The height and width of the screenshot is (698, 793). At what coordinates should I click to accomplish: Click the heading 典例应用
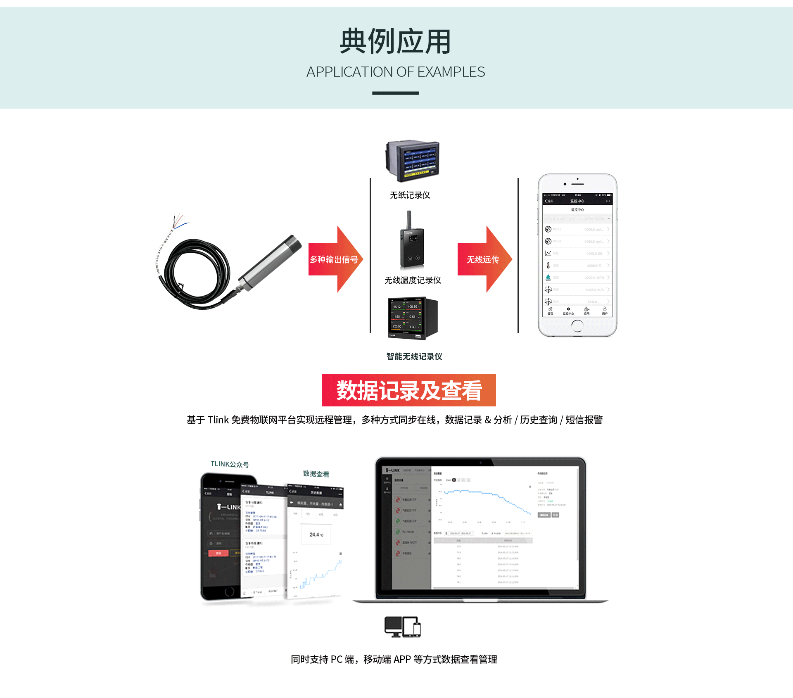point(395,41)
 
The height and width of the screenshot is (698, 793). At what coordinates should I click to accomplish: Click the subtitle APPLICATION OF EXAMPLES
point(395,72)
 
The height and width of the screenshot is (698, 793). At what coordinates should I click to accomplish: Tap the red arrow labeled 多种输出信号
point(335,259)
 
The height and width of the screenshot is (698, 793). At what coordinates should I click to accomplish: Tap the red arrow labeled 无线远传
point(483,259)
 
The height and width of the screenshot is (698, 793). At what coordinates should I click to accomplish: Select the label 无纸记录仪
point(410,195)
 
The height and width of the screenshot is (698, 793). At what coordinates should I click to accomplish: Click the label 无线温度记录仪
point(413,280)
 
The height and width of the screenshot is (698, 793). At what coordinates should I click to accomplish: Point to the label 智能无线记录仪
point(414,356)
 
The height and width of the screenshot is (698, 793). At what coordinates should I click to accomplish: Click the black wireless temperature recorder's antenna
point(409,219)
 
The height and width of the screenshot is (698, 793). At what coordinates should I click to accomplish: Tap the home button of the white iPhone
point(577,326)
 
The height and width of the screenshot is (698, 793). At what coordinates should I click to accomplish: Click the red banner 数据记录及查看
point(408,390)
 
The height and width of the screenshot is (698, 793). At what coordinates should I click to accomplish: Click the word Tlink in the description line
point(218,420)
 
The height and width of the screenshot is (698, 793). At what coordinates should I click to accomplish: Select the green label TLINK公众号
point(230,464)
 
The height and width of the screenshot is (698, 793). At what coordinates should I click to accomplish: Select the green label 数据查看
point(316,474)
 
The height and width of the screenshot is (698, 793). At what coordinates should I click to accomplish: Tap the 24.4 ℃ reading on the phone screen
point(316,534)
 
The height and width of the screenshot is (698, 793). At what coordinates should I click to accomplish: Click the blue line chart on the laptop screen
point(487,500)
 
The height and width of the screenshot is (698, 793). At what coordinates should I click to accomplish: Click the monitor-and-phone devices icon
point(402,627)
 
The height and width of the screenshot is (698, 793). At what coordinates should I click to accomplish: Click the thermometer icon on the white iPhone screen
point(548,266)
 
